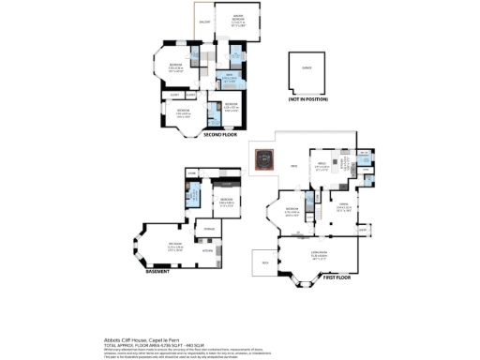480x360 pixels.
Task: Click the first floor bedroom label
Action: pos(292,211)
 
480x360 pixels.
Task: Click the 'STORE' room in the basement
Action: pos(192,173)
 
